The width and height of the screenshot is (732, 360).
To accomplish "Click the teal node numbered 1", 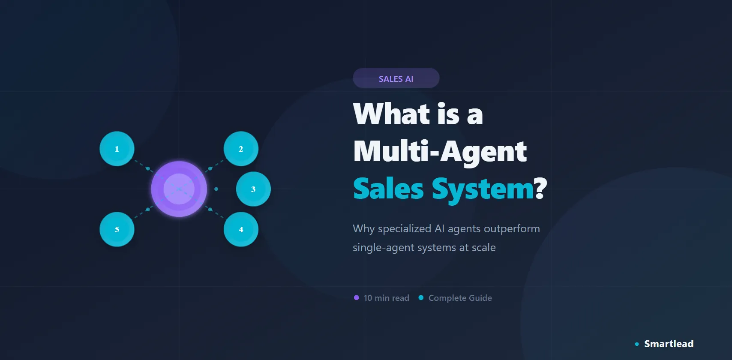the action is pyautogui.click(x=117, y=149).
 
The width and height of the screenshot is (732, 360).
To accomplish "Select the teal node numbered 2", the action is pyautogui.click(x=241, y=149).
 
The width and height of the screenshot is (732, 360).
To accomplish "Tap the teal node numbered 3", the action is pyautogui.click(x=253, y=189).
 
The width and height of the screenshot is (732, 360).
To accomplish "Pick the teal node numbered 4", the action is pyautogui.click(x=241, y=229).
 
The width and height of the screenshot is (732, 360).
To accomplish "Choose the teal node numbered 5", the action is pyautogui.click(x=117, y=229).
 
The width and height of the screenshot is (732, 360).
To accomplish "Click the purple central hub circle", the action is pyautogui.click(x=179, y=189).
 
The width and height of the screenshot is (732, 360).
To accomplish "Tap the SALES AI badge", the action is pyautogui.click(x=396, y=78).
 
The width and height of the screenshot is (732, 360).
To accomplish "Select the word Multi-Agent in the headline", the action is pyautogui.click(x=440, y=151).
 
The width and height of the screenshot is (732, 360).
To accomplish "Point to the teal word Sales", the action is pyautogui.click(x=388, y=189).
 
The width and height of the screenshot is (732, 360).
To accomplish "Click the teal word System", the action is pyautogui.click(x=482, y=189).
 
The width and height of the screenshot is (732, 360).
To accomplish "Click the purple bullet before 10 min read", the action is pyautogui.click(x=356, y=298).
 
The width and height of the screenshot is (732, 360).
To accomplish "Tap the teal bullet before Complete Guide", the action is pyautogui.click(x=421, y=298).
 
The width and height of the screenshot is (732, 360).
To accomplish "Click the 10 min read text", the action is pyautogui.click(x=386, y=298).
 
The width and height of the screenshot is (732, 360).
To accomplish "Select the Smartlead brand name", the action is pyautogui.click(x=669, y=344).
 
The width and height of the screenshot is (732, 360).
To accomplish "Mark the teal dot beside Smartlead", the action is pyautogui.click(x=637, y=344).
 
